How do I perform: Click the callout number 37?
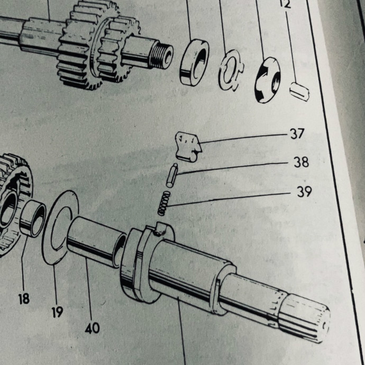pos(297,134)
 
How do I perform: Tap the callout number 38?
pos(301,162)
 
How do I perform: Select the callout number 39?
pos(304,192)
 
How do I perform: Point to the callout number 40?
pos(93,328)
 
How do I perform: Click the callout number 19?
pos(57,312)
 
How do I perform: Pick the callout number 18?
pos(24,298)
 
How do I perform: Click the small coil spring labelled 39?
pos(164,203)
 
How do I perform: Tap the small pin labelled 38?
pos(172,175)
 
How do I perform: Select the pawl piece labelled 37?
pos(188,147)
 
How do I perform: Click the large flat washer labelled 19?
pos(60,227)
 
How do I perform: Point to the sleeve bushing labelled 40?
pos(96,242)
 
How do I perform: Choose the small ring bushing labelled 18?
pos(33,218)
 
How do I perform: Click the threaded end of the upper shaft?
pos(161,57)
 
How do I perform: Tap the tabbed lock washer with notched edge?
pos(231,70)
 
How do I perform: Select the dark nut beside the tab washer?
pos(268,80)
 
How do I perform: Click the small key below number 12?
pos(300,92)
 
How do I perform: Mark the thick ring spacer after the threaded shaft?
pos(194,62)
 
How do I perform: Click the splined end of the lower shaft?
pos(305,318)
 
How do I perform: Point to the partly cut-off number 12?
pos(286,4)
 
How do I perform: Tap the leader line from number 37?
pos(243,138)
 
